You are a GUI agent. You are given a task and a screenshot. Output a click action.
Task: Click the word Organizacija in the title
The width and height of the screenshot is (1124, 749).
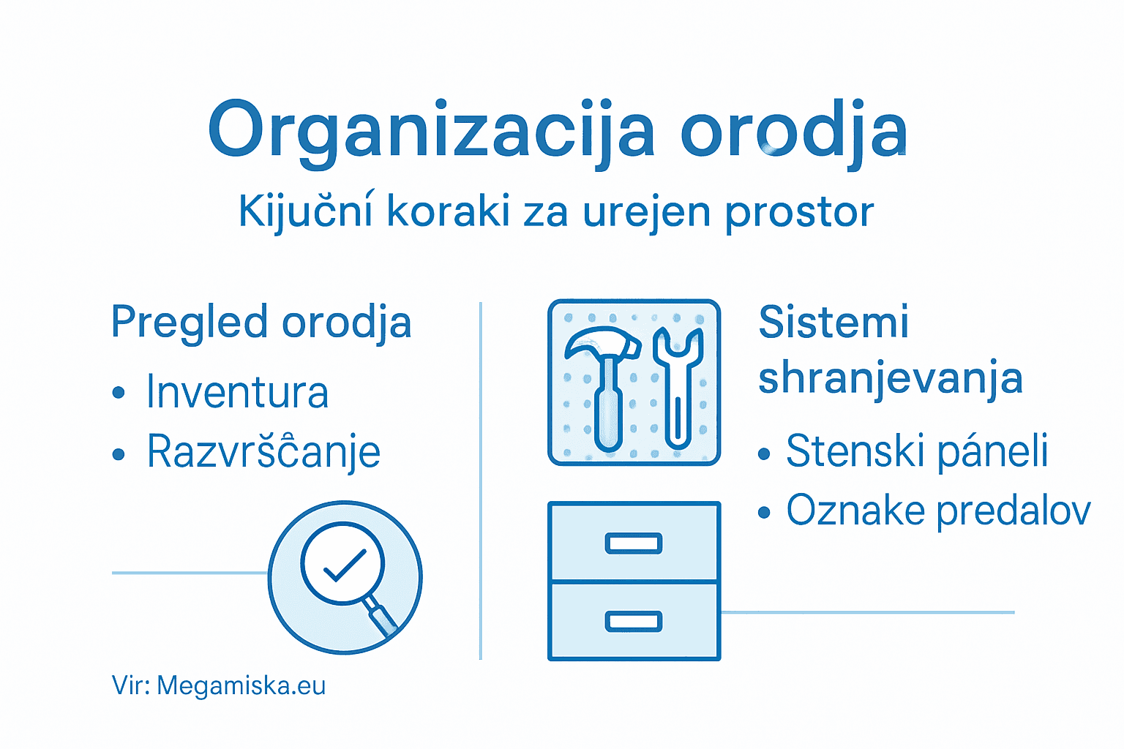coord(432,130)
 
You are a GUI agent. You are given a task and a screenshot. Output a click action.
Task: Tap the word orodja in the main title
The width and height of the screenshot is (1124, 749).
coord(794,130)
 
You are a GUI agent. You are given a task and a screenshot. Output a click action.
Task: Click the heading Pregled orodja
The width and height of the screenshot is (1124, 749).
coord(261,323)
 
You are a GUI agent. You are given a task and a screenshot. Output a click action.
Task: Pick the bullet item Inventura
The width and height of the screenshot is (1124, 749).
coord(238,392)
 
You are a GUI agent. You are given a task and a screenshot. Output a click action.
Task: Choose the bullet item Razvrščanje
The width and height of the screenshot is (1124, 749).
coord(263,451)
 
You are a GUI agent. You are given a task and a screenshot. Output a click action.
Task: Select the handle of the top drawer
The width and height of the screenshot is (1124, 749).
coord(634,543)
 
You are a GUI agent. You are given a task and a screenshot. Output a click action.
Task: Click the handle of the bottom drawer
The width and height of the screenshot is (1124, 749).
coord(634,621)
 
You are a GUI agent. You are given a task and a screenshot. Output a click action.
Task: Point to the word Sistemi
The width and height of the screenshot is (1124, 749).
coord(833,322)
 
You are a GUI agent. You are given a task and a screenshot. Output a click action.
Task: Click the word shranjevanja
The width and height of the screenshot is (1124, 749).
coord(890,379)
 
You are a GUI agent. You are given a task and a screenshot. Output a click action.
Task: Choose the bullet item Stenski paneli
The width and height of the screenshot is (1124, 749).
coord(917,451)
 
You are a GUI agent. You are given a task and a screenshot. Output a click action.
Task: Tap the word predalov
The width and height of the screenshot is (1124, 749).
coord(1014,510)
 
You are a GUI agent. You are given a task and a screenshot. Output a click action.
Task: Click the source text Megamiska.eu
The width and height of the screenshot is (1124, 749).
coord(241,686)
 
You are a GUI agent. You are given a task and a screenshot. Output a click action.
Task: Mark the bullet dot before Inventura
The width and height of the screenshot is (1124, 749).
coord(119,394)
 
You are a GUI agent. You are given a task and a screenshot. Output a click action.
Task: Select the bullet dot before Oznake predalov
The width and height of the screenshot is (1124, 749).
coord(765,513)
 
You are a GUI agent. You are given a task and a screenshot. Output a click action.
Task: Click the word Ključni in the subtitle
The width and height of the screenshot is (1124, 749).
coord(306,212)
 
